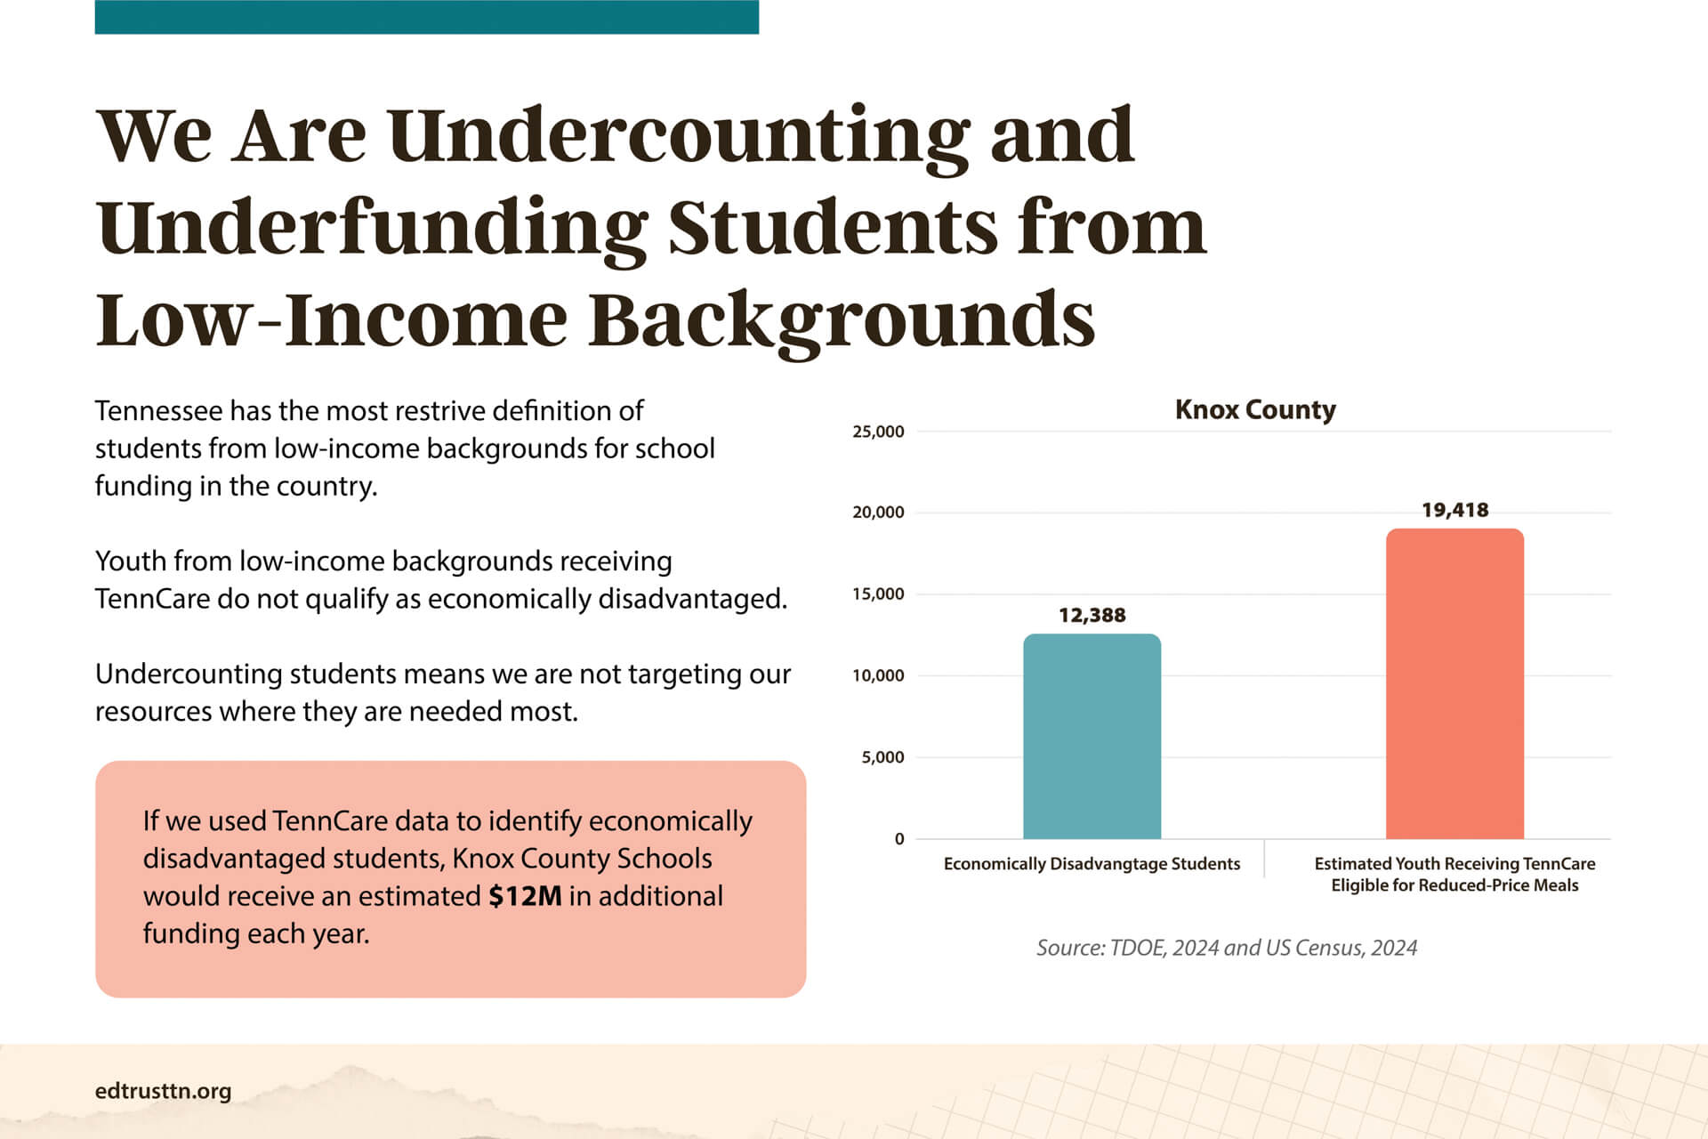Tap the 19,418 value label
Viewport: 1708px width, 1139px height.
(1454, 510)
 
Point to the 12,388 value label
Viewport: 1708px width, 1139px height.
(1092, 615)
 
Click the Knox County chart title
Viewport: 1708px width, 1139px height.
(1255, 409)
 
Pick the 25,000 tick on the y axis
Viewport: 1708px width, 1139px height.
(878, 432)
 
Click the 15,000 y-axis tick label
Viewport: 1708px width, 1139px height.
(878, 594)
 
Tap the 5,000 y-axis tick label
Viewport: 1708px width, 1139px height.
(882, 757)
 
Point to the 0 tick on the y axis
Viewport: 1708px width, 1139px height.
(899, 838)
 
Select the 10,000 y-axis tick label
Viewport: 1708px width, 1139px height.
(878, 675)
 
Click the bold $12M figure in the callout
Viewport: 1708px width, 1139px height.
(525, 895)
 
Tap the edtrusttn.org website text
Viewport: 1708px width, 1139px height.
(163, 1091)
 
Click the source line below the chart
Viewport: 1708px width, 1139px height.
(1226, 948)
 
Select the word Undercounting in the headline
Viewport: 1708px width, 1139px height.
(679, 138)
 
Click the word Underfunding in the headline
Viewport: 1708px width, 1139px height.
(372, 229)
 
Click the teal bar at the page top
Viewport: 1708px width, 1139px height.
(426, 17)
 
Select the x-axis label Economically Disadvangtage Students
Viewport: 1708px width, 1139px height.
(1092, 864)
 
